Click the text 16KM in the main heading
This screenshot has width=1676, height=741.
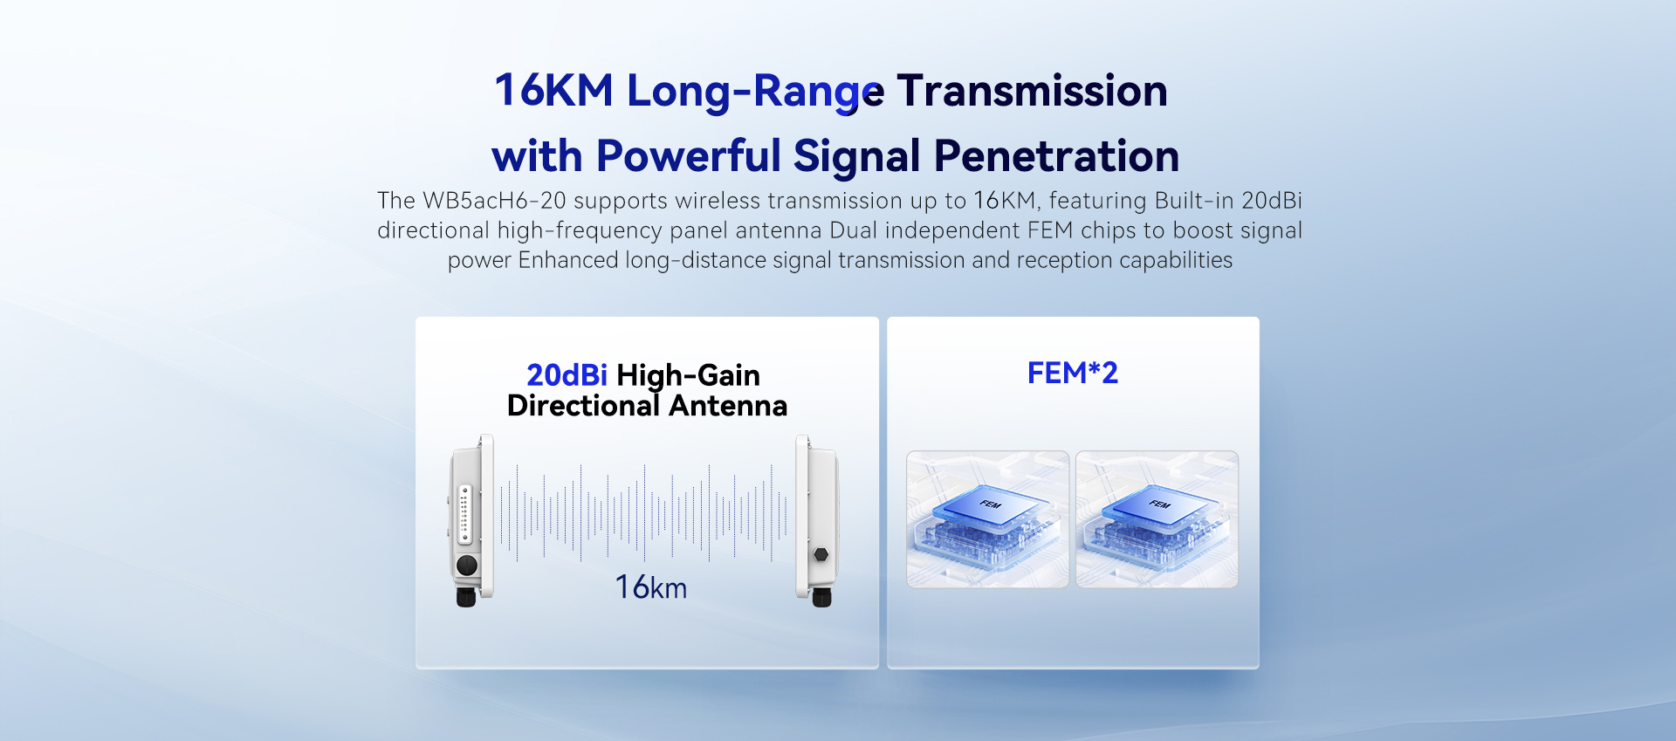553,91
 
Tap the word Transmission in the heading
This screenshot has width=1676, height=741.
1032,91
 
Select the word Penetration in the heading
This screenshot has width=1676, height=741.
1056,156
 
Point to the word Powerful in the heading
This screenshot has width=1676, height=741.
688,156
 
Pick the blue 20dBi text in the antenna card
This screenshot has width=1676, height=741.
567,375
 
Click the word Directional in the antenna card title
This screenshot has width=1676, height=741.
583,406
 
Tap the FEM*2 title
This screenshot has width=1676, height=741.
1073,374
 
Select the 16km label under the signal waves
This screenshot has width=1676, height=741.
651,587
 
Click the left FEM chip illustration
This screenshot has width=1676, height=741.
988,519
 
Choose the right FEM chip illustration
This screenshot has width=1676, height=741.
1157,519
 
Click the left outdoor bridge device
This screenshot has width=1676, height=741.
471,520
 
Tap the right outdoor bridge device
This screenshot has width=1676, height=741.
817,520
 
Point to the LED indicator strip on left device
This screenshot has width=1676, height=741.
465,515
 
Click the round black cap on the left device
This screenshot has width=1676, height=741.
467,565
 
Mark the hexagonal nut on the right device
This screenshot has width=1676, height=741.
821,554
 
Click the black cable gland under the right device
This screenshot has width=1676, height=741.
821,597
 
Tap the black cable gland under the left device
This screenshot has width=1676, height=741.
466,597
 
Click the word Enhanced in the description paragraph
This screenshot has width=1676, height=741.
568,260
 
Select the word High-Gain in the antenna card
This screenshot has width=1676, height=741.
688,376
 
